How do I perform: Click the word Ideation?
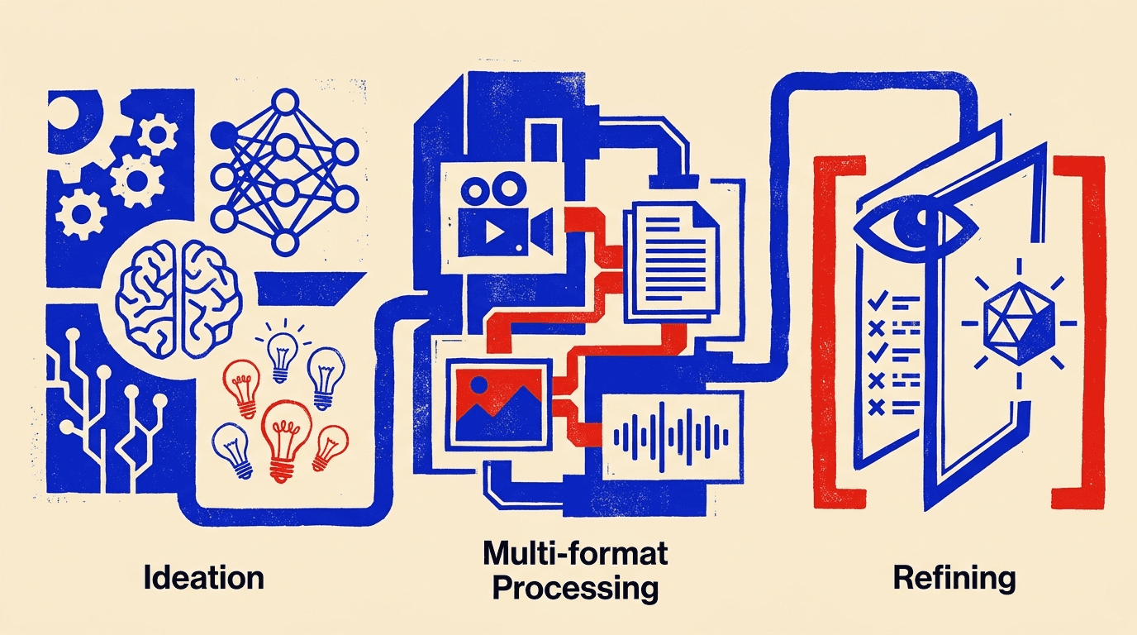pos(203,578)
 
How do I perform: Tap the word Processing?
pos(575,588)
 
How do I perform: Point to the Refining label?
pos(954,579)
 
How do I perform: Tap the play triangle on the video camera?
pos(494,232)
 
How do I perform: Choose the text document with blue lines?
pos(671,257)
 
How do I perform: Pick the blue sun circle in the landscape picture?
pos(478,384)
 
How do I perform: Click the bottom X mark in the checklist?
pos(877,407)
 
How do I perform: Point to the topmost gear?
pos(157,134)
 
